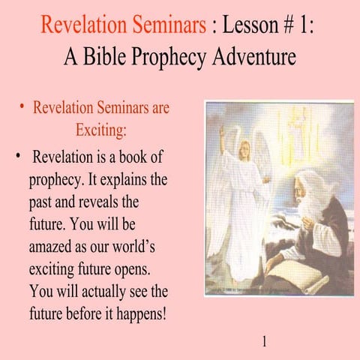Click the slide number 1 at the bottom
pos(263,343)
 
